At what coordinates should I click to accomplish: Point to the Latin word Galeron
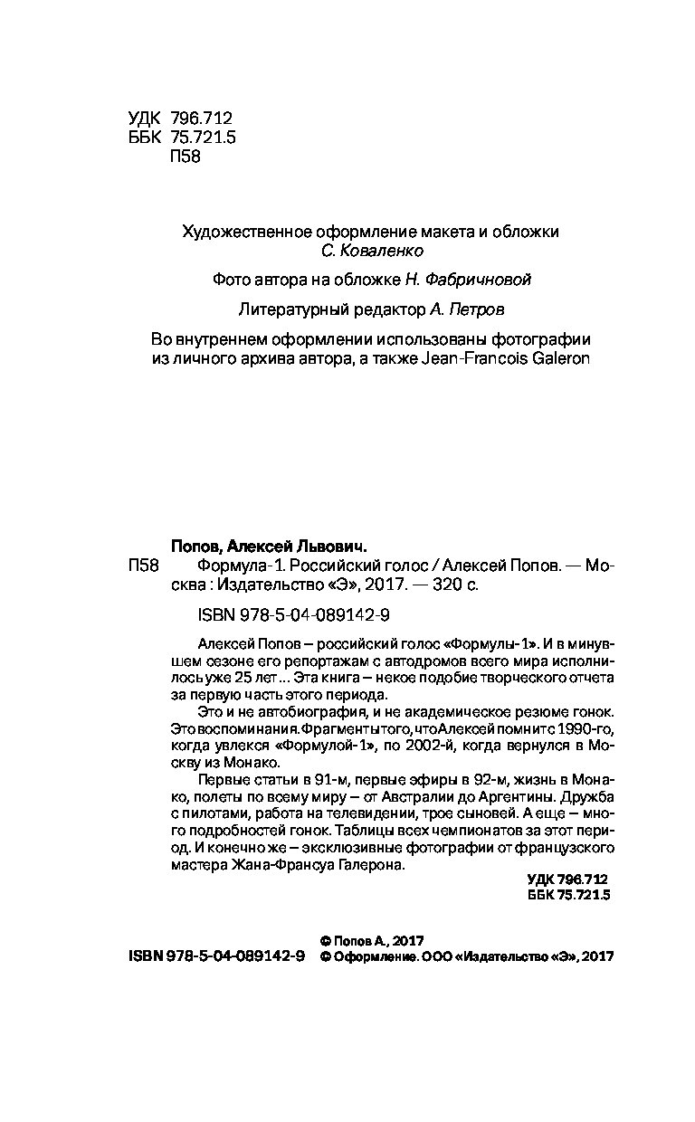[x=557, y=358]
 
